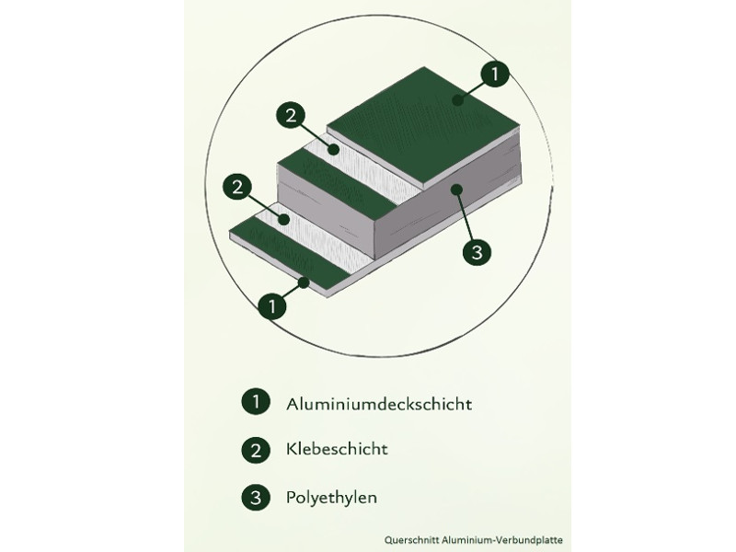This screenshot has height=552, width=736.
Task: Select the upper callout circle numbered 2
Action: coord(290,116)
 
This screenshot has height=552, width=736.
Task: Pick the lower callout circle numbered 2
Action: coord(238,188)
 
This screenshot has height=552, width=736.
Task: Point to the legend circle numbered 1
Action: coord(254,402)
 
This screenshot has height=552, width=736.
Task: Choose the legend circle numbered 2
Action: coord(254,450)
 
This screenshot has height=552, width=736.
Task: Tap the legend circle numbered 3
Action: coord(254,498)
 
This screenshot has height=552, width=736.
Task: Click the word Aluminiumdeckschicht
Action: coord(380,403)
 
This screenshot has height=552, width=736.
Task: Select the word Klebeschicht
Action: coord(337,450)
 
